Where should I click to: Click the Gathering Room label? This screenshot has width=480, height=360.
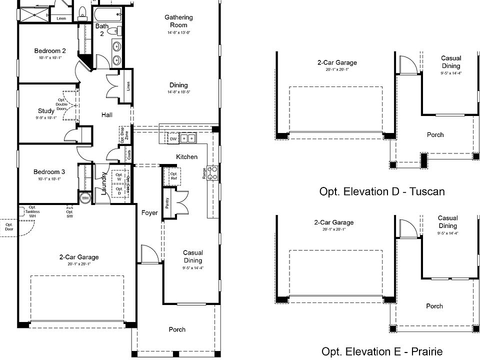click(178, 21)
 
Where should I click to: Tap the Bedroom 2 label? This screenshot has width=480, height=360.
click(50, 50)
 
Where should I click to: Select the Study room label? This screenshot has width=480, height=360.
click(46, 111)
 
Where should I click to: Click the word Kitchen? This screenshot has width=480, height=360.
click(186, 157)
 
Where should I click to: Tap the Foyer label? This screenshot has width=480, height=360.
click(149, 213)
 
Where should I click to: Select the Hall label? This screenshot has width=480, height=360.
click(107, 114)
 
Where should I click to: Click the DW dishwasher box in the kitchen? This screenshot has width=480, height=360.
click(173, 139)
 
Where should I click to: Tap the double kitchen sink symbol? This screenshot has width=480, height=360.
click(188, 138)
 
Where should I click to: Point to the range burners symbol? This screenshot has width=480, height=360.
click(213, 172)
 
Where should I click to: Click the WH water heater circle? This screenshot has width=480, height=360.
click(85, 198)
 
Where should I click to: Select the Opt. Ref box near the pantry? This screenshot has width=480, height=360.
click(173, 176)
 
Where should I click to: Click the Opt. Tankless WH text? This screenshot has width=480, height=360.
click(34, 211)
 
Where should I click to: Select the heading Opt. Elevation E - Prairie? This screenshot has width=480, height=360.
click(381, 351)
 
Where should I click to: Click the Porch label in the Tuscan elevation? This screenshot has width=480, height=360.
click(434, 134)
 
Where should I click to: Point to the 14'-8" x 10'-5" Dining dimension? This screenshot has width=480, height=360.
click(178, 92)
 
